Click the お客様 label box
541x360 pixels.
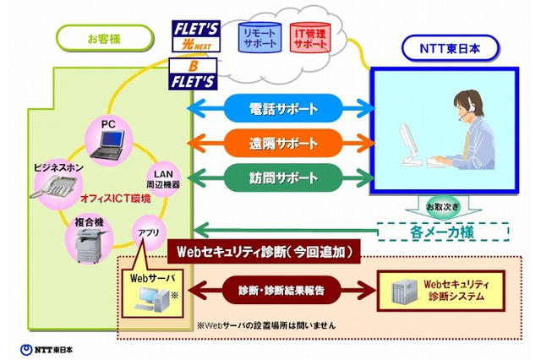106,38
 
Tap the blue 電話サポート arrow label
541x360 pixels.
284,108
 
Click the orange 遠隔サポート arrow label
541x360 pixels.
284,143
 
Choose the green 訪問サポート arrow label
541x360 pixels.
284,177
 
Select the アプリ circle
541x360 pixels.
147,232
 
